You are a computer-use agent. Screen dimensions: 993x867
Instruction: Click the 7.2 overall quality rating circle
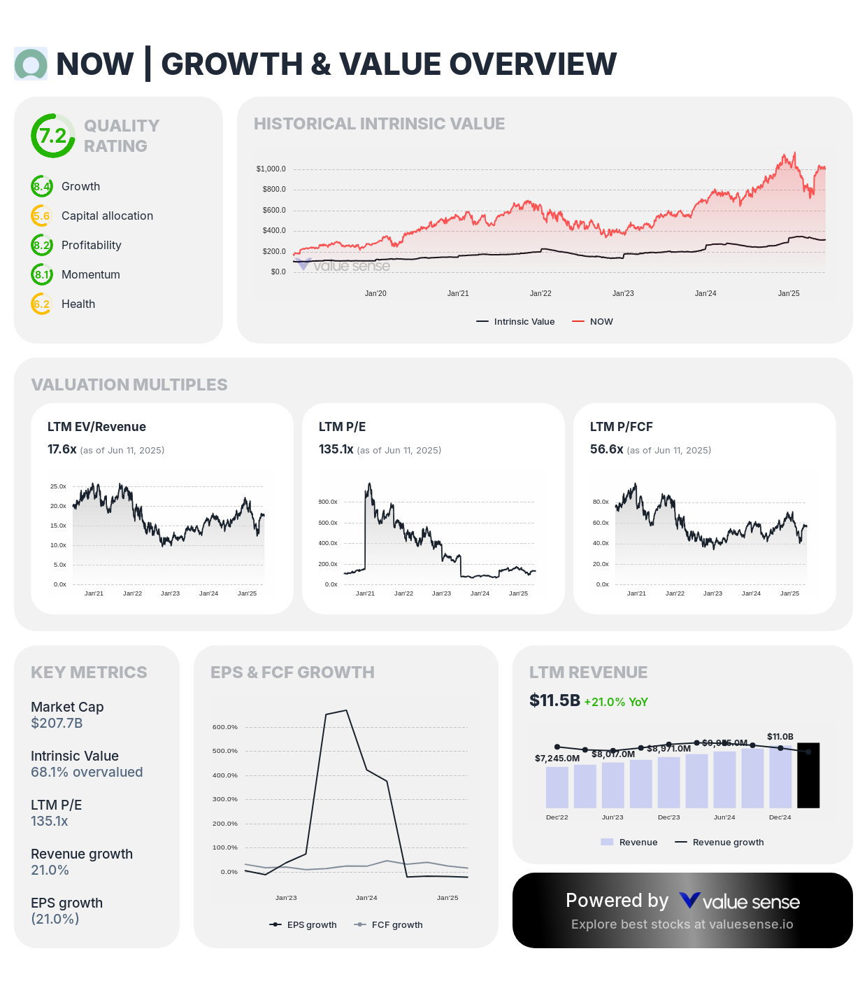[x=53, y=136]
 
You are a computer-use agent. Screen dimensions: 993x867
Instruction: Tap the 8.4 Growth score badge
[x=42, y=187]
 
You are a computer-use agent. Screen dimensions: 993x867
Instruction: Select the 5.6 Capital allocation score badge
[x=42, y=216]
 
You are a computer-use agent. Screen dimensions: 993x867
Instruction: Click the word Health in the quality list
[x=78, y=304]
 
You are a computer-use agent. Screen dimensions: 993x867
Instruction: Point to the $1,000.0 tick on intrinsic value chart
[x=271, y=169]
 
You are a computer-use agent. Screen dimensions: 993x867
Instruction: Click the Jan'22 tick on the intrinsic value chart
[x=540, y=294]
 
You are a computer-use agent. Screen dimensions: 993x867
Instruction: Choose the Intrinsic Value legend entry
[x=516, y=322]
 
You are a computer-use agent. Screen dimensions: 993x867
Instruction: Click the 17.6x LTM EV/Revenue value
[x=62, y=449]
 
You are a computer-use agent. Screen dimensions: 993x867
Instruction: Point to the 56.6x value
[x=606, y=449]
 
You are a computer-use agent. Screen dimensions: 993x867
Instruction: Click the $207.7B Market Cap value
[x=57, y=723]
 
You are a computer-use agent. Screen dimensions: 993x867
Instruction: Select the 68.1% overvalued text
[x=87, y=772]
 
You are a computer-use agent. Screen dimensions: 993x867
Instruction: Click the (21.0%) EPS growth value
[x=55, y=919]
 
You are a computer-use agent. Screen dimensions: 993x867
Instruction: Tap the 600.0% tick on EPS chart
[x=225, y=727]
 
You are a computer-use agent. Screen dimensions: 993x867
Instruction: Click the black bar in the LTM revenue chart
[x=808, y=775]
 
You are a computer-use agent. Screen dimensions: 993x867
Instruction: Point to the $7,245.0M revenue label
[x=557, y=759]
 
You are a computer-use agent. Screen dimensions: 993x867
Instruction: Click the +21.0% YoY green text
[x=616, y=702]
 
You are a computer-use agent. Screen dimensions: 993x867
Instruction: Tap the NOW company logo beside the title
[x=31, y=64]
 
